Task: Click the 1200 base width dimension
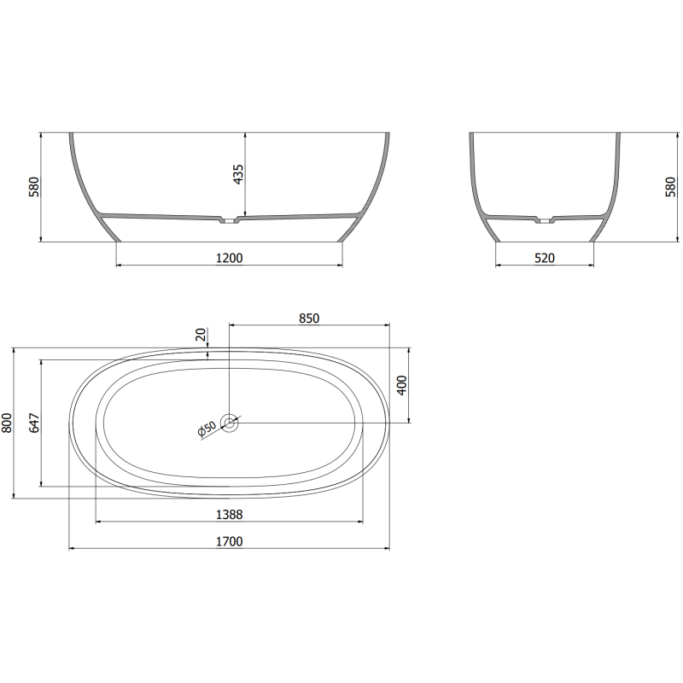click(x=229, y=256)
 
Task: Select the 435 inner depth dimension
click(x=238, y=175)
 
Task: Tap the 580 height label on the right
click(x=670, y=187)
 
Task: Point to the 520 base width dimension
click(x=545, y=257)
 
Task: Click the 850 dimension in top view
click(x=309, y=318)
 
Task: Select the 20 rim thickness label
click(x=201, y=335)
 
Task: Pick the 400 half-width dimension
click(x=401, y=386)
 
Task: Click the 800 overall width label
click(x=8, y=423)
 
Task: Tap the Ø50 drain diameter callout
click(x=207, y=430)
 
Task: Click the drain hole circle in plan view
click(x=230, y=422)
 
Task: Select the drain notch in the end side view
click(x=543, y=221)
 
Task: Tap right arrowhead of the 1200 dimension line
click(x=340, y=265)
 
